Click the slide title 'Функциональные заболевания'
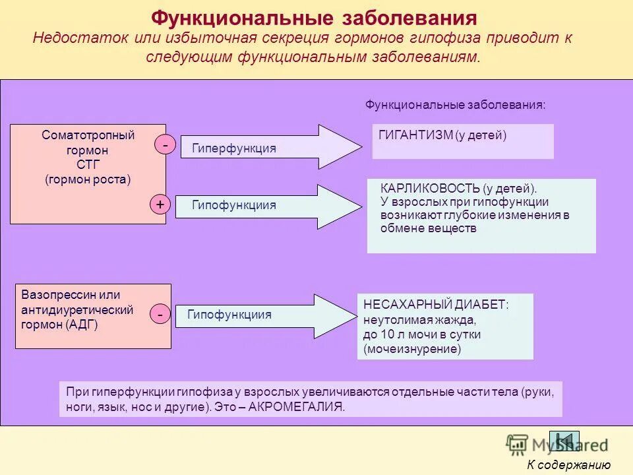[314, 18]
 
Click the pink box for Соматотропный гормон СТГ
[88, 174]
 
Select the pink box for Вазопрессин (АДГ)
[93, 316]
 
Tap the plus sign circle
[160, 205]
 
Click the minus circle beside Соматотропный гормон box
[165, 144]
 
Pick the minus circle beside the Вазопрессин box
[160, 315]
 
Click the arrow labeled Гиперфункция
[270, 148]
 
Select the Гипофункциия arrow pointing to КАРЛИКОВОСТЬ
[270, 206]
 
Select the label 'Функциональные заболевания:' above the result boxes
[456, 105]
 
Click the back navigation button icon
[564, 441]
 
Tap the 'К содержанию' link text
[568, 465]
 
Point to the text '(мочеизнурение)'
[412, 349]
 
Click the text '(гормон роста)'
[88, 179]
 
